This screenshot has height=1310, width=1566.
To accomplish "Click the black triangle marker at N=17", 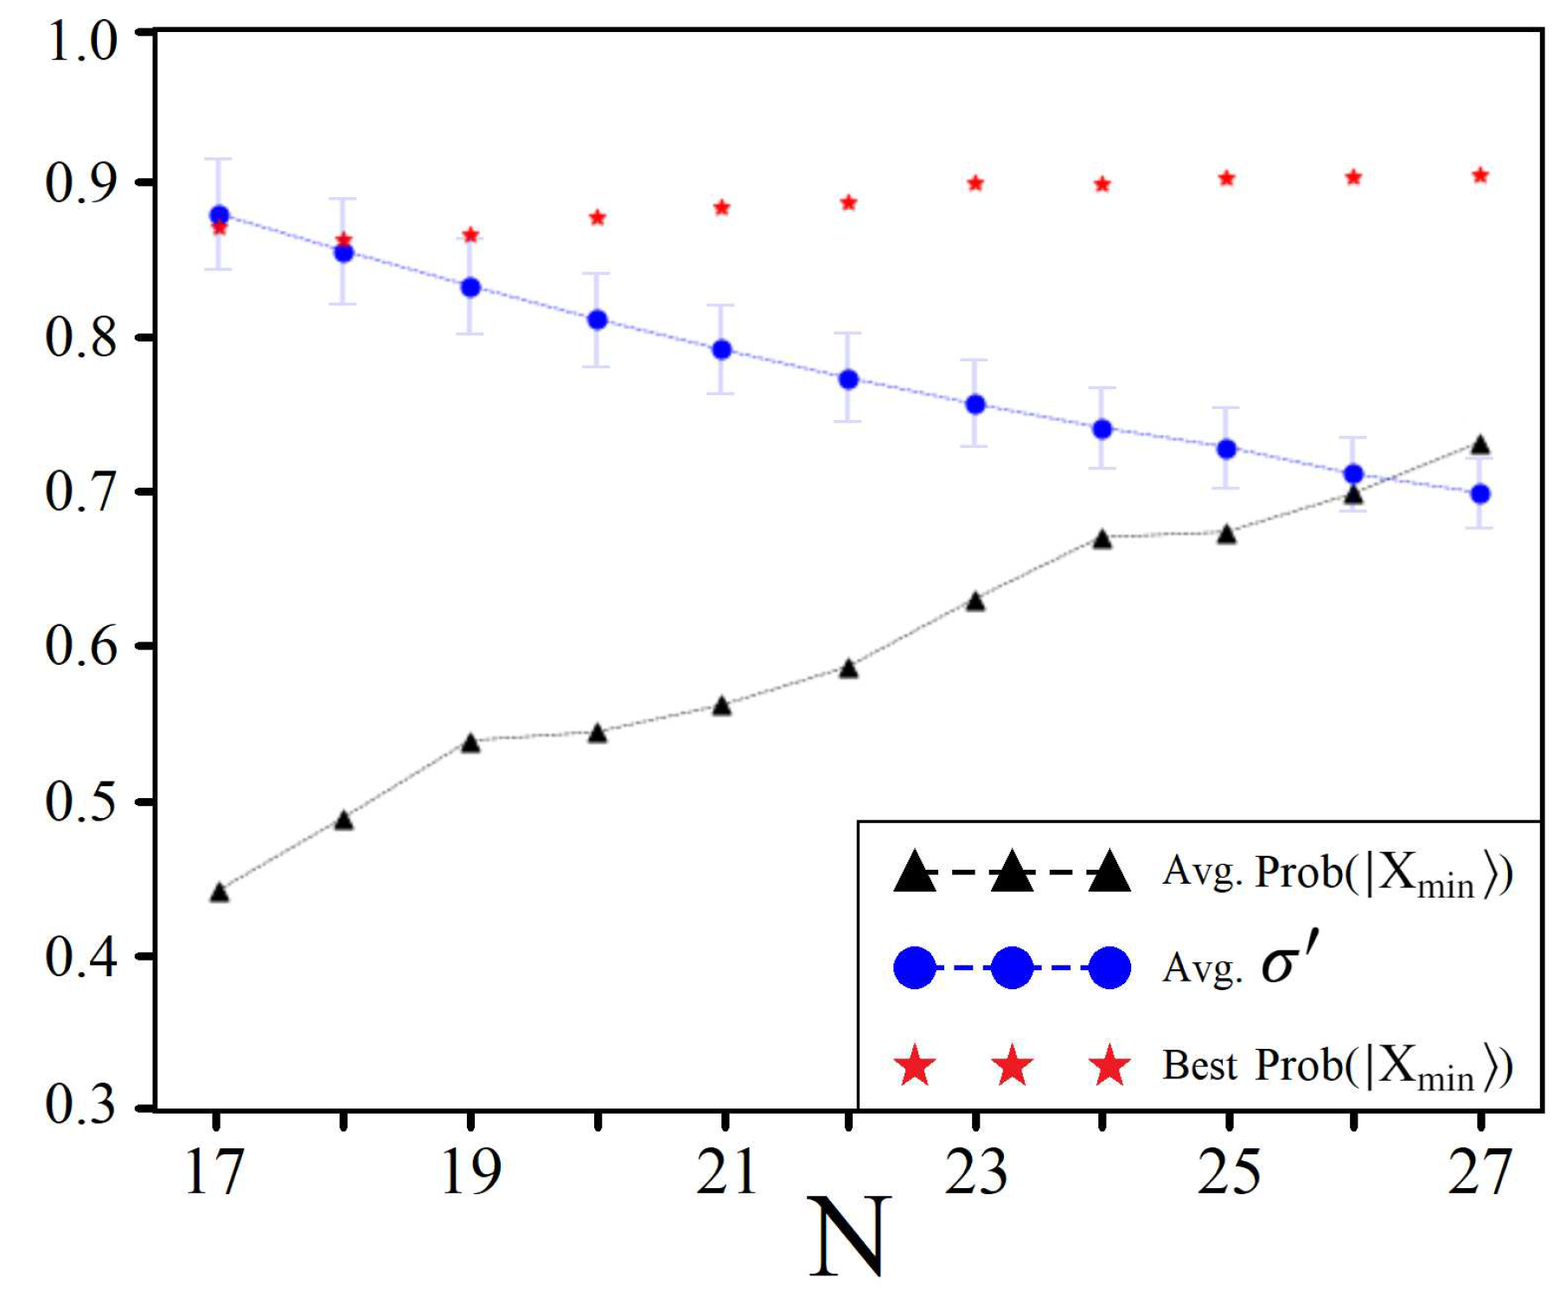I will pyautogui.click(x=219, y=892).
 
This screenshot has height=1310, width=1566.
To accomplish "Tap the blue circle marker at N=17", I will pyautogui.click(x=219, y=215).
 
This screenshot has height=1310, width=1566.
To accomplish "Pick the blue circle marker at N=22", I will pyautogui.click(x=848, y=380).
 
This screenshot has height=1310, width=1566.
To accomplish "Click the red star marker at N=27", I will pyautogui.click(x=1480, y=176).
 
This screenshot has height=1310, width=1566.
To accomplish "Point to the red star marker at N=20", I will pyautogui.click(x=597, y=217).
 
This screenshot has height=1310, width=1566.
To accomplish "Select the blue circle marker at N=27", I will pyautogui.click(x=1480, y=495).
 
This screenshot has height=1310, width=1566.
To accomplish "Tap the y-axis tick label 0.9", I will pyautogui.click(x=80, y=183).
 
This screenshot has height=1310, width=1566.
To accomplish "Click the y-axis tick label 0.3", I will pyautogui.click(x=80, y=1104).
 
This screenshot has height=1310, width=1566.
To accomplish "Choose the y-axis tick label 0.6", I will pyautogui.click(x=80, y=646).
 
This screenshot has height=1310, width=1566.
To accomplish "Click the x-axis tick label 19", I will pyautogui.click(x=470, y=1173).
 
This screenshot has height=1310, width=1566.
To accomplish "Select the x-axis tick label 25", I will pyautogui.click(x=1228, y=1173).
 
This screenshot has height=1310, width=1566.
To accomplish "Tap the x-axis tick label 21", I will pyautogui.click(x=725, y=1173).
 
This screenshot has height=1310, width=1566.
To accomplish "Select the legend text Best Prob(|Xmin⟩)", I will pyautogui.click(x=1336, y=1065).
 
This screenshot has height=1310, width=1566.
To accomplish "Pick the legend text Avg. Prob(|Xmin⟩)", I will pyautogui.click(x=1336, y=872).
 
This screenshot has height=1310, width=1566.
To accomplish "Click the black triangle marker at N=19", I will pyautogui.click(x=470, y=743).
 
